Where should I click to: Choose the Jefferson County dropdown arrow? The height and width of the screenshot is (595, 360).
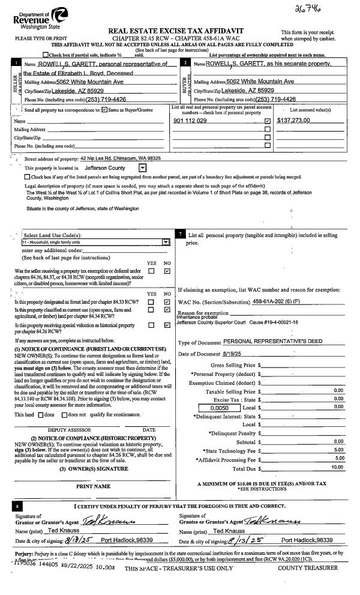tap(142, 168)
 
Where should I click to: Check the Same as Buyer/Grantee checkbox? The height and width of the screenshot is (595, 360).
tap(104, 110)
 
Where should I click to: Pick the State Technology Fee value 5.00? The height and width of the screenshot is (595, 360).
tap(338, 450)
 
